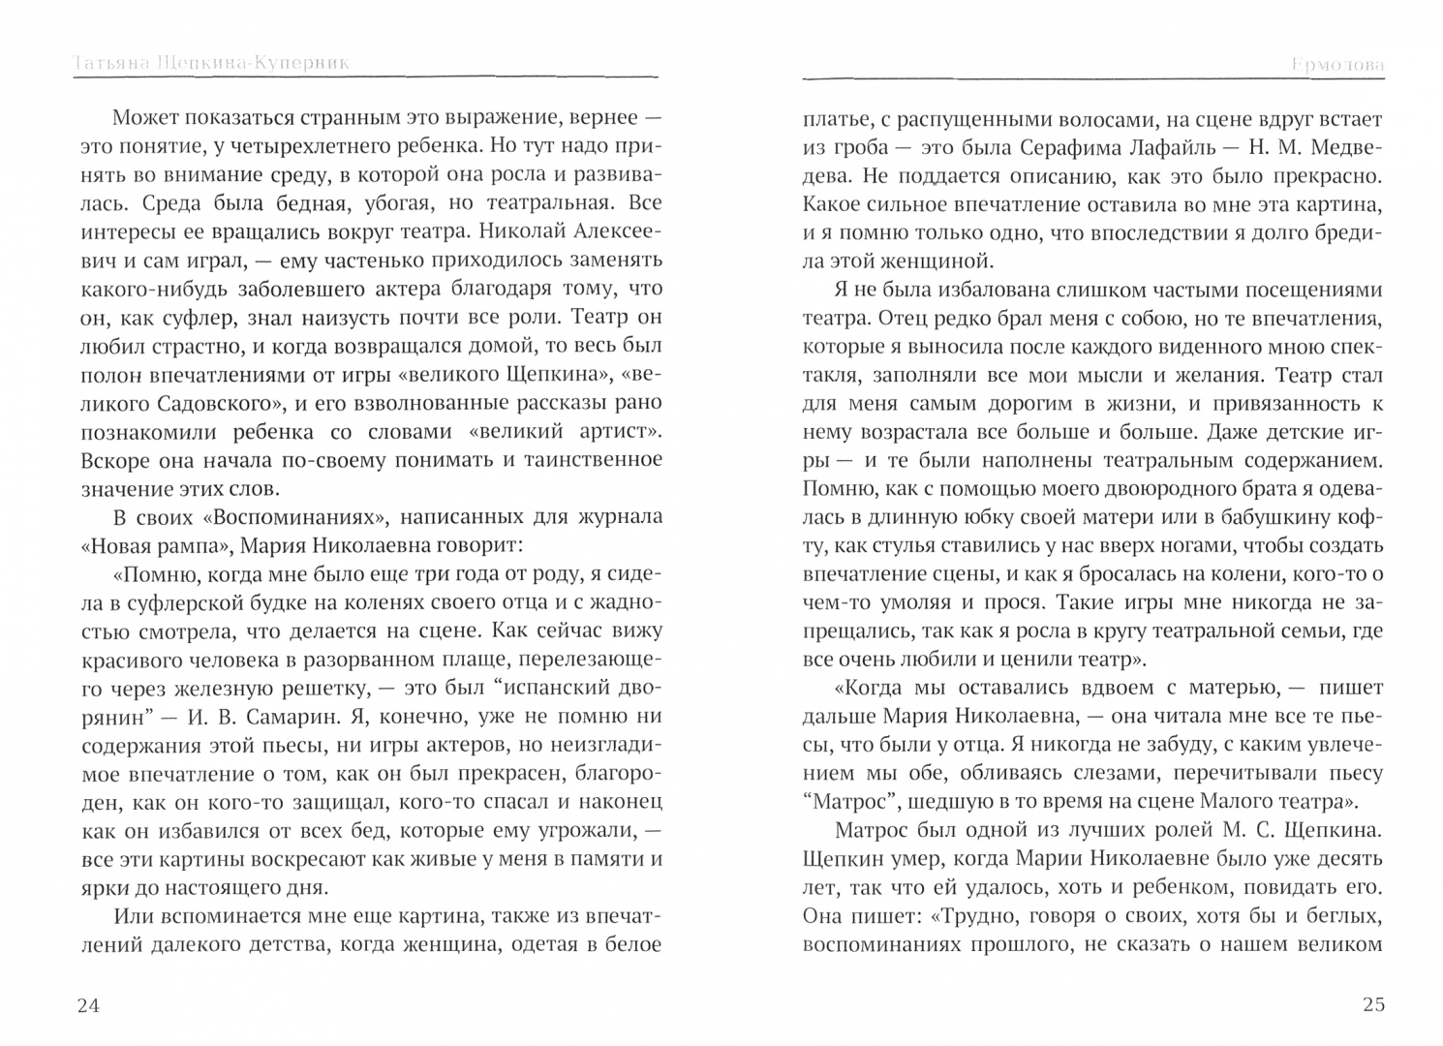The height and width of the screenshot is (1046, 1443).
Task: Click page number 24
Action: [x=87, y=1004]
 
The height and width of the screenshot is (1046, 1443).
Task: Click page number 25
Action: [x=1373, y=1004]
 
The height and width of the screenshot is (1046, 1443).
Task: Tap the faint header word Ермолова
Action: [x=1337, y=65]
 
